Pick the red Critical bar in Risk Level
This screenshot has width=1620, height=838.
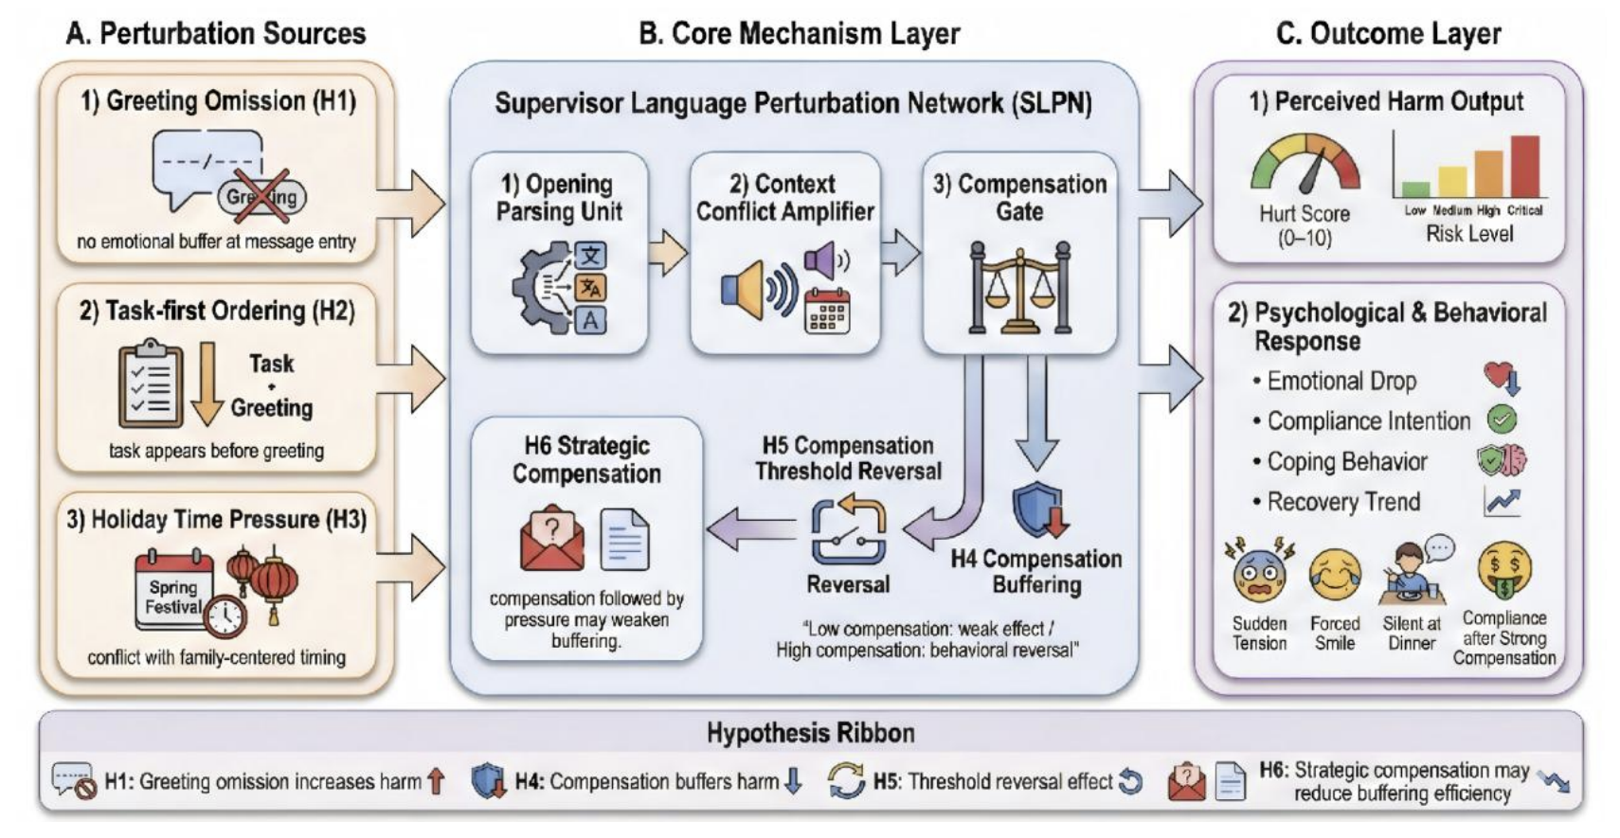(1524, 166)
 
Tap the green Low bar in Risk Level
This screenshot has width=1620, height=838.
(1415, 188)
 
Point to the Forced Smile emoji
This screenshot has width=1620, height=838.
(1334, 577)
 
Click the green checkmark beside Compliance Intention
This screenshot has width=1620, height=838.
(1502, 419)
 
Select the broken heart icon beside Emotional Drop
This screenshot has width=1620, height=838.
(1501, 379)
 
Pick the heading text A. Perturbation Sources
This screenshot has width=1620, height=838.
(215, 33)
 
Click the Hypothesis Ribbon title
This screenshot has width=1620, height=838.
(810, 733)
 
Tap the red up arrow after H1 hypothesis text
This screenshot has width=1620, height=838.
(436, 781)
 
